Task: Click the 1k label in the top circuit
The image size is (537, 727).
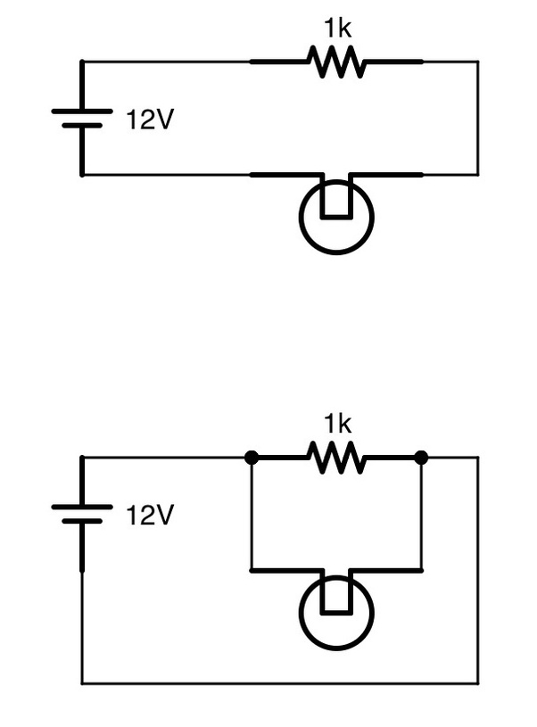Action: [x=337, y=29]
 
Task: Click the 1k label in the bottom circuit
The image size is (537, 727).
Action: [x=337, y=423]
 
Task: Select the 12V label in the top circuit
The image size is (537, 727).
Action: [x=150, y=120]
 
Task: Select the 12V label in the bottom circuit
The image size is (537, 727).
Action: [x=150, y=515]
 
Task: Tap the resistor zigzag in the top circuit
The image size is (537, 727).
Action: [x=336, y=62]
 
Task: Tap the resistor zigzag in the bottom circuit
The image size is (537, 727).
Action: [x=336, y=457]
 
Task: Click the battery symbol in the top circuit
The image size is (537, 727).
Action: [x=82, y=118]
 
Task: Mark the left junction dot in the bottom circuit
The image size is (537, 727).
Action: [x=252, y=458]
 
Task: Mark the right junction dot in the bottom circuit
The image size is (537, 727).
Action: [x=421, y=458]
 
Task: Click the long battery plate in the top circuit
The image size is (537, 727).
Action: [x=82, y=112]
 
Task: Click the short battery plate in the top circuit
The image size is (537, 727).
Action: [x=82, y=125]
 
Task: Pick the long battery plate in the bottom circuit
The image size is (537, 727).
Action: [x=82, y=507]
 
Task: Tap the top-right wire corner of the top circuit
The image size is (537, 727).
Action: [x=477, y=62]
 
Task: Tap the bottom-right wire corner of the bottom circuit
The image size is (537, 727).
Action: [x=477, y=683]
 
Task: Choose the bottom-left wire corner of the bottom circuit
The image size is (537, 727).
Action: [x=82, y=683]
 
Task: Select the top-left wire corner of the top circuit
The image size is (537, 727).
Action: [x=82, y=62]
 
